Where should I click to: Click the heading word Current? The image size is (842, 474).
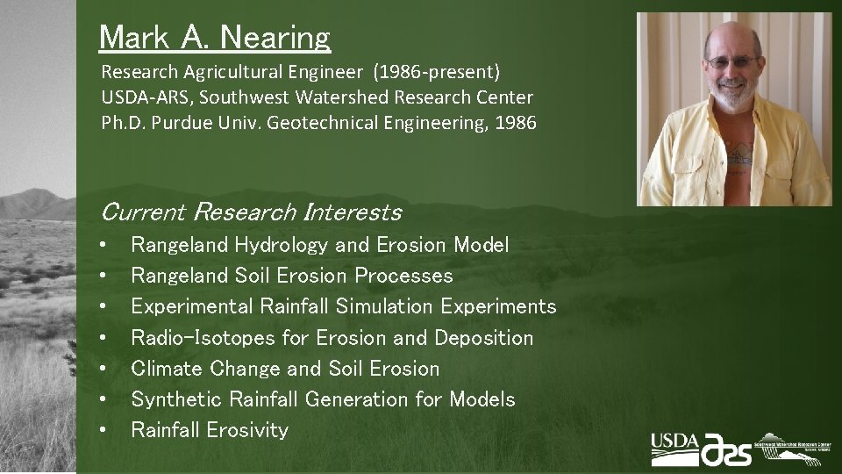click(143, 212)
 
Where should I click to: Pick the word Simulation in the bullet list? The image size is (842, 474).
click(384, 307)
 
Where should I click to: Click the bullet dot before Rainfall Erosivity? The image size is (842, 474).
click(104, 430)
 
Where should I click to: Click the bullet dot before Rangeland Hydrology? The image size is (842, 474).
click(104, 246)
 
